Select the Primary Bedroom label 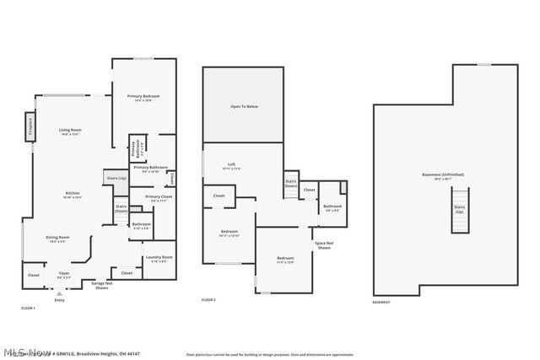click(143, 98)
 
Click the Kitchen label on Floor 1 click(73, 195)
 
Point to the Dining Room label click(57, 239)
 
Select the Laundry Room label click(159, 258)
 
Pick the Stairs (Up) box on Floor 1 click(116, 178)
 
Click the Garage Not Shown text click(101, 286)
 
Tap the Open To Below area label click(243, 107)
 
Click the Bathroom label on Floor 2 click(332, 207)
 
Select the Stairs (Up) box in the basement click(460, 207)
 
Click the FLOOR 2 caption click(208, 300)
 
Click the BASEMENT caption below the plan click(381, 301)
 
